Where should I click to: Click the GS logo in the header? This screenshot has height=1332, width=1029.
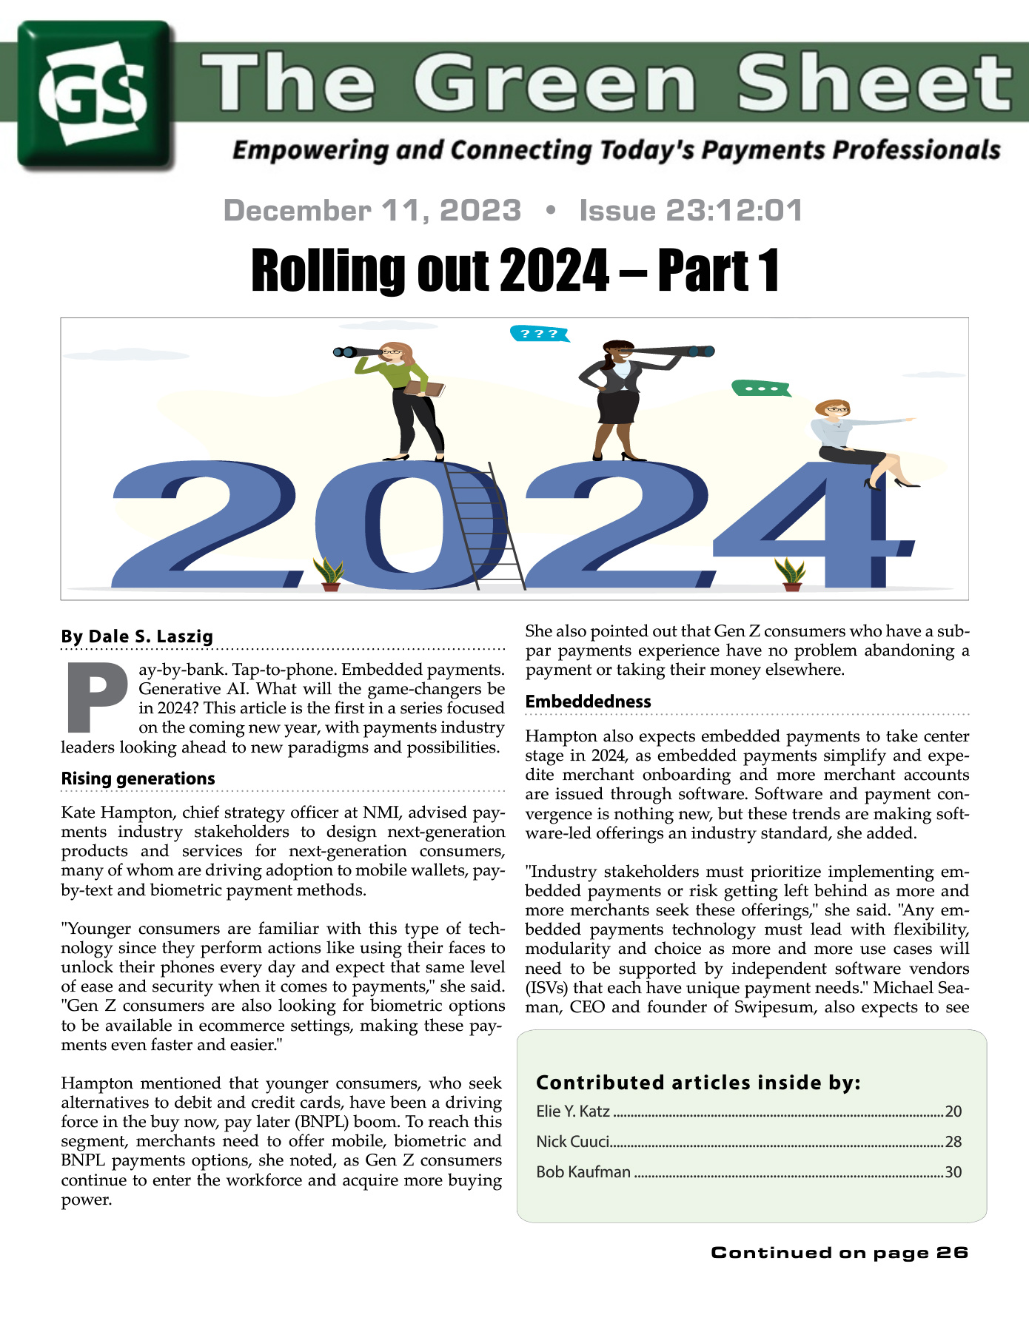[x=96, y=95]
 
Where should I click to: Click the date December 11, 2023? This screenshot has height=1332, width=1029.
[x=372, y=211]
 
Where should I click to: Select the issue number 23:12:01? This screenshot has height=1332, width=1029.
[x=734, y=211]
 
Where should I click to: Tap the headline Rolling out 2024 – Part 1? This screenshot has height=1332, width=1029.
[x=514, y=271]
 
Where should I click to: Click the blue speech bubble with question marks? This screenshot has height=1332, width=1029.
[x=539, y=334]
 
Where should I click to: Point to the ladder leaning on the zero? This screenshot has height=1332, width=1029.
[x=485, y=525]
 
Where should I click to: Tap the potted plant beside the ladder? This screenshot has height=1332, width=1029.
[x=329, y=574]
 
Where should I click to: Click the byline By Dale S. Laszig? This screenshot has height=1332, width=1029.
[x=137, y=636]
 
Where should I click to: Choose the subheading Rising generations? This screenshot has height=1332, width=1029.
[x=138, y=778]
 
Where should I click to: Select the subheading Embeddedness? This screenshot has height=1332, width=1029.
[x=588, y=702]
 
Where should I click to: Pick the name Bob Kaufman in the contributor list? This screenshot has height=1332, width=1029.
[x=583, y=1172]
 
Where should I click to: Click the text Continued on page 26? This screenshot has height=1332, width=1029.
[x=839, y=1252]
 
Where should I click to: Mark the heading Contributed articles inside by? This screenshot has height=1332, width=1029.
[x=698, y=1083]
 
